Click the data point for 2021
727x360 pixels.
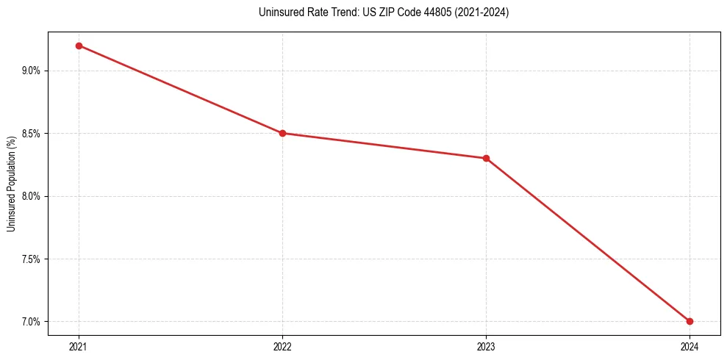(79, 46)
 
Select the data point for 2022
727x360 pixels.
(282, 133)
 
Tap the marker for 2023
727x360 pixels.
(486, 158)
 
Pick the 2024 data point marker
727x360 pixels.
(690, 321)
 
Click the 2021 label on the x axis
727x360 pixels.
(79, 346)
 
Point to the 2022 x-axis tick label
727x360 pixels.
(282, 346)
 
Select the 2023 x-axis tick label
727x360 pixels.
(486, 346)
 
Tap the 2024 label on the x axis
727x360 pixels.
(690, 346)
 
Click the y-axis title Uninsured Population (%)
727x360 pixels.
(11, 183)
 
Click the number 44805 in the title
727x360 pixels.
(439, 12)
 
